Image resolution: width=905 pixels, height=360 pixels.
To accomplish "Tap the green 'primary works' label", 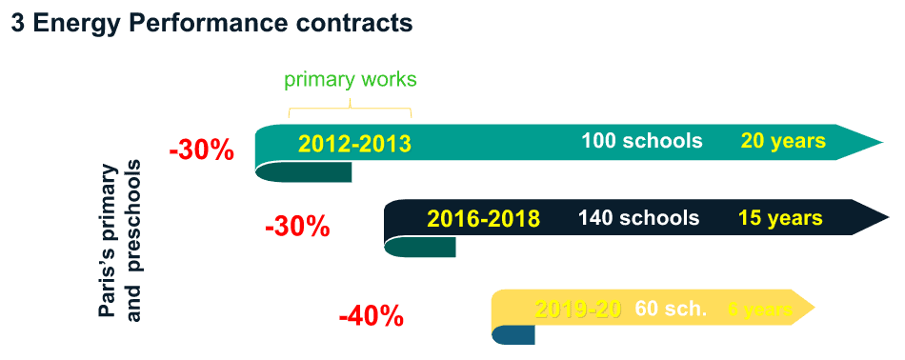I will [351, 79].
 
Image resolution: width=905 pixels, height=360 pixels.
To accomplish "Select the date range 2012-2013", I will [354, 144].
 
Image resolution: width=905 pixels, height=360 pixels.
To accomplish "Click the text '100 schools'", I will [641, 141].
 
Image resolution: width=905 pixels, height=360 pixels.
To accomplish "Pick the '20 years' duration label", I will [782, 141].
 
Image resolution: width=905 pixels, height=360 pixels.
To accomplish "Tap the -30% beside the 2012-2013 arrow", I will [201, 150].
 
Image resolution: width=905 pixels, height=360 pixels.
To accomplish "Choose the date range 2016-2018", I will [484, 219].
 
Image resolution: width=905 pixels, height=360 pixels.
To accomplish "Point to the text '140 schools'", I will [638, 218].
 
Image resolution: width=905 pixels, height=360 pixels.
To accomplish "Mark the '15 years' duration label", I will [779, 218].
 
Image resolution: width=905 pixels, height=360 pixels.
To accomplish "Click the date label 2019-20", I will [578, 310].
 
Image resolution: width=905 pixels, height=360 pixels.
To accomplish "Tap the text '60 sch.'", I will [671, 310].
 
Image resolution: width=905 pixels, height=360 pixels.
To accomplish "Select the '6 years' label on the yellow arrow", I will [759, 310].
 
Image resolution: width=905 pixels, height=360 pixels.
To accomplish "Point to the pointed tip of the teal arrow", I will [876, 143].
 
